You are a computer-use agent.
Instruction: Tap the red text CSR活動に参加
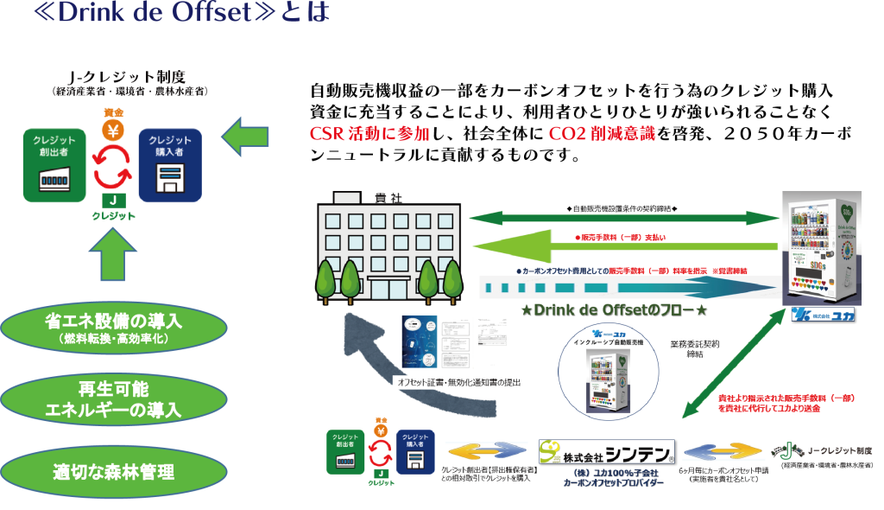coord(369,134)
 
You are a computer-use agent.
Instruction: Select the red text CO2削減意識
coord(603,134)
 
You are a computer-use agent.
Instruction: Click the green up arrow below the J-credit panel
coord(113,257)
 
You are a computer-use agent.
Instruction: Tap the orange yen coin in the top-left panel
coord(113,131)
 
